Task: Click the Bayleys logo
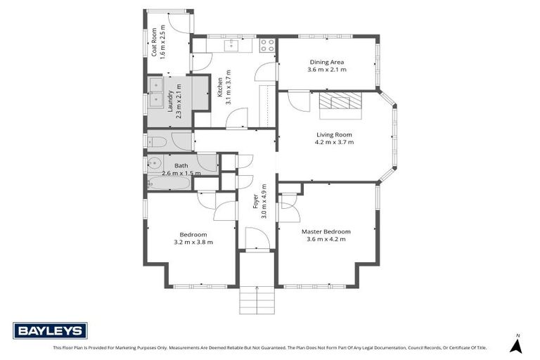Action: click(x=50, y=330)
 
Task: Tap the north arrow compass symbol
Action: click(x=517, y=345)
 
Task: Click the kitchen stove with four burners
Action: click(x=267, y=46)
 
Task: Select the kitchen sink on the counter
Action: click(x=231, y=46)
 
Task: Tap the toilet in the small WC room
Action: click(x=157, y=142)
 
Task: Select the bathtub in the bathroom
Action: click(x=169, y=184)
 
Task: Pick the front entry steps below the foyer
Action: click(x=255, y=301)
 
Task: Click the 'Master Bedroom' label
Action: click(x=326, y=231)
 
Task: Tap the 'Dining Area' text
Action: click(x=326, y=62)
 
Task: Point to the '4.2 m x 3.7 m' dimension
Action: click(x=334, y=142)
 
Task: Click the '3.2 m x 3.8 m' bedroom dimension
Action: click(x=193, y=242)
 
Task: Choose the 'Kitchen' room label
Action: click(x=219, y=84)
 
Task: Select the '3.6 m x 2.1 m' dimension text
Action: click(x=326, y=70)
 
